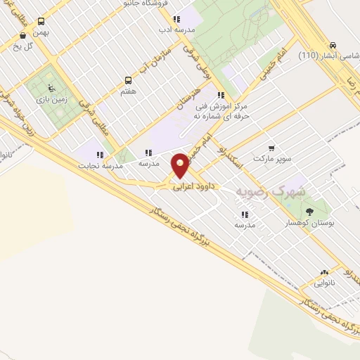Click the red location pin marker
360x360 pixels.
[x=181, y=165]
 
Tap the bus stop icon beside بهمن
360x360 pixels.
[x=41, y=22]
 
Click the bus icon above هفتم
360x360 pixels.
[x=128, y=80]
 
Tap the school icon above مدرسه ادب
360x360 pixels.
[x=176, y=19]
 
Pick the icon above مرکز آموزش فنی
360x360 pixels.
[x=221, y=95]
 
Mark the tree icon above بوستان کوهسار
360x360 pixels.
[x=309, y=211]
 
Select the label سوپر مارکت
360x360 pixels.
[x=273, y=159]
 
